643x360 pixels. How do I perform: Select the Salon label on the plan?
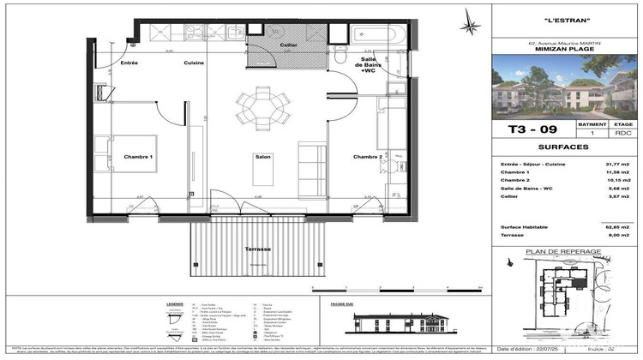262,157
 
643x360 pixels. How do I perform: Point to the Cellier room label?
289,45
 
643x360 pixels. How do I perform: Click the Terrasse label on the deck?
258,249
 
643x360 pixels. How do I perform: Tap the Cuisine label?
193,63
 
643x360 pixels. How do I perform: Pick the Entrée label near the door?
129,63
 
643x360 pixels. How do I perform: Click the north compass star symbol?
470,23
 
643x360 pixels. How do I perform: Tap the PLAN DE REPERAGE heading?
566,252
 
